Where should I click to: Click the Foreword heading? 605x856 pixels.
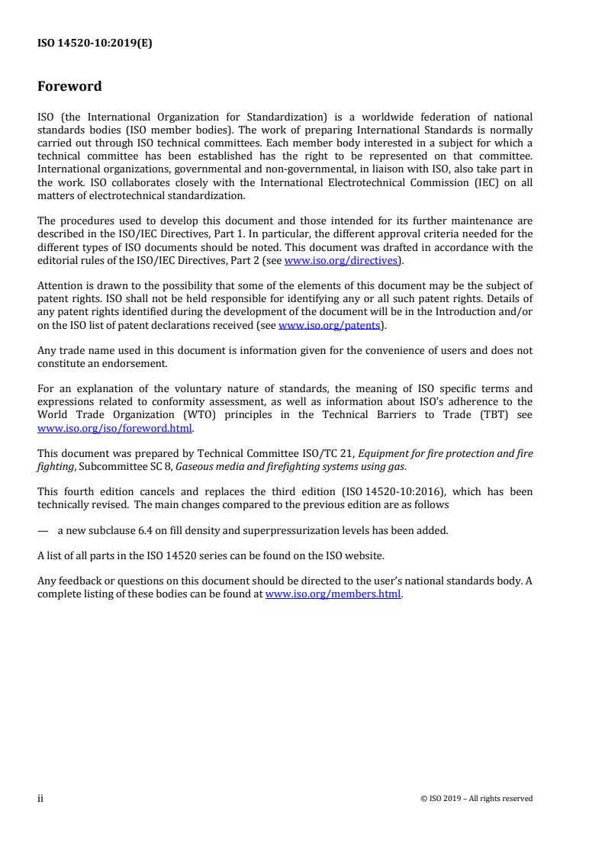[x=69, y=86]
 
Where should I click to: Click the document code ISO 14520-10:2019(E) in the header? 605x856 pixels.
[x=95, y=43]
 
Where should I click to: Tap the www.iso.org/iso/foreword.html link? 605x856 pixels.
[x=114, y=428]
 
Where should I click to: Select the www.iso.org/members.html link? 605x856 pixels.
[x=333, y=594]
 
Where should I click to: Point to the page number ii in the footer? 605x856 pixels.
[x=40, y=798]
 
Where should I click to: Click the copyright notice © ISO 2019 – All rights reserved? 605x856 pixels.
[x=476, y=799]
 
